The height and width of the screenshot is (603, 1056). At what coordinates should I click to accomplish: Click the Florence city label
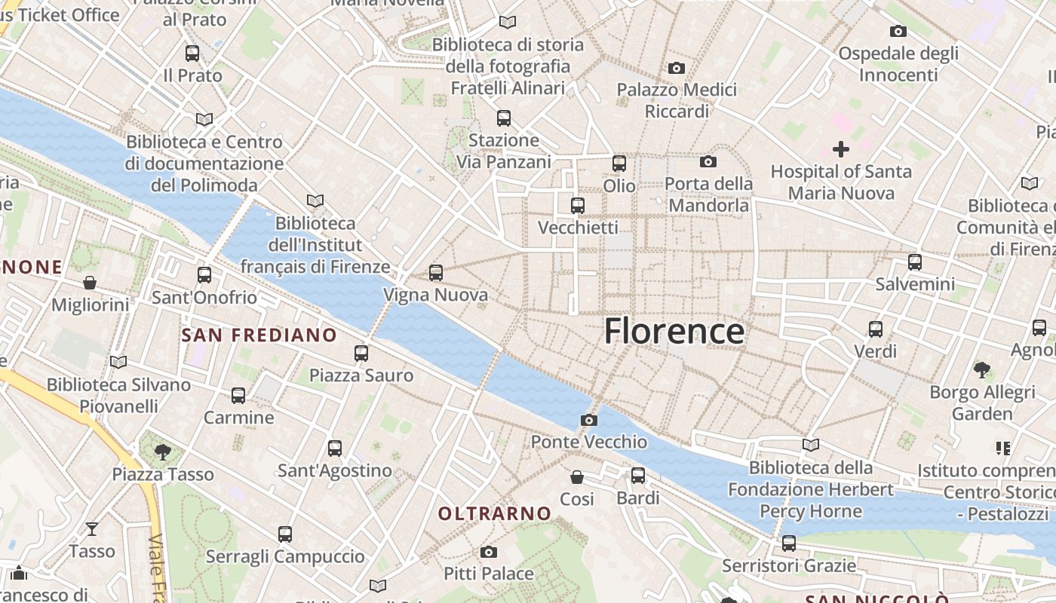674,332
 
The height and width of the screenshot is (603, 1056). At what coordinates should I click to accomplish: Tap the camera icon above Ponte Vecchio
589,420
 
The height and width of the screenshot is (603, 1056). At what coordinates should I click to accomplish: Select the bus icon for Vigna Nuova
435,273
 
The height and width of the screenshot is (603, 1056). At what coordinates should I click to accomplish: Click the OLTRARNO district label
495,514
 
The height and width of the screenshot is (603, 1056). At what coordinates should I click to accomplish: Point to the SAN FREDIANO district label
259,335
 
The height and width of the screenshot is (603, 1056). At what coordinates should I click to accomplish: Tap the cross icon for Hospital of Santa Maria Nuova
840,149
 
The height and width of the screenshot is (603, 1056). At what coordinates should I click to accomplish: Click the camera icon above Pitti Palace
488,552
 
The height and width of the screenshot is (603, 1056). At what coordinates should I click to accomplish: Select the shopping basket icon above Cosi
577,477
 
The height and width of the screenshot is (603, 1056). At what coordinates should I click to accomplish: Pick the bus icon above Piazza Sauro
361,353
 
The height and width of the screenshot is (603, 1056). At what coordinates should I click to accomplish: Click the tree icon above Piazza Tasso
162,452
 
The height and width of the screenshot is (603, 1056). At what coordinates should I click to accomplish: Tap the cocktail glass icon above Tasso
92,529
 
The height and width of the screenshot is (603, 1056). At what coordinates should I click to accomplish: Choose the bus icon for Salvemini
915,262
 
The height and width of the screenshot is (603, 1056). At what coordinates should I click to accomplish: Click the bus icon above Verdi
875,329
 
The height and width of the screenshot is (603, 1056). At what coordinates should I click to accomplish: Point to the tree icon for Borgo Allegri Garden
981,370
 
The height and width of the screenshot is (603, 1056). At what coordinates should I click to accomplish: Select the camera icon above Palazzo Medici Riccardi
676,68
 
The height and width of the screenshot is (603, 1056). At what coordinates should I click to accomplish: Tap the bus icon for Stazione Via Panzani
503,118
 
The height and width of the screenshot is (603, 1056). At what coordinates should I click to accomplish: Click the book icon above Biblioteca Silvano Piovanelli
118,363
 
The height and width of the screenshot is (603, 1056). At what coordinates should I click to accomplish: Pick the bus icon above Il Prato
192,54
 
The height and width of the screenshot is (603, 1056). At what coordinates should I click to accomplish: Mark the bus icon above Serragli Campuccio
285,534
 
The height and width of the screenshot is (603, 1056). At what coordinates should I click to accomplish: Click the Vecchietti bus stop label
578,227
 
